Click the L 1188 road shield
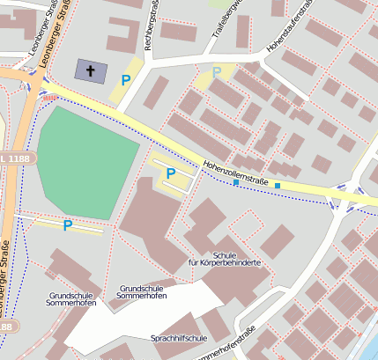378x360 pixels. (21, 159)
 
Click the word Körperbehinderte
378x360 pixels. (224, 262)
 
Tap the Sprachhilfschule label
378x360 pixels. (179, 338)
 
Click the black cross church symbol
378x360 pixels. (90, 70)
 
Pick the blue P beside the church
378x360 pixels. (125, 80)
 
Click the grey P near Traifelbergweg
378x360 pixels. (217, 72)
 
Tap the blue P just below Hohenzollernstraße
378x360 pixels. (171, 173)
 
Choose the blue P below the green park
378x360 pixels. (67, 225)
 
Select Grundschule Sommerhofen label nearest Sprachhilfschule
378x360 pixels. (142, 293)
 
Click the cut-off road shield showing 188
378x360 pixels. (5, 327)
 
